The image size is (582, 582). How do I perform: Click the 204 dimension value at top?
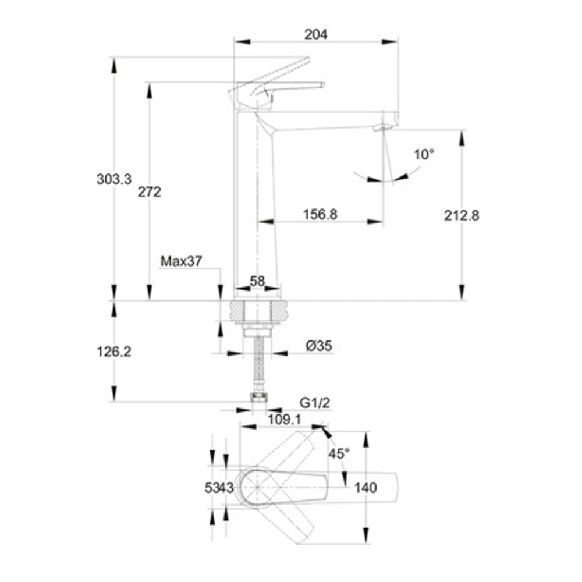point(316,34)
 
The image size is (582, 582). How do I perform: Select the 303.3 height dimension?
point(114,179)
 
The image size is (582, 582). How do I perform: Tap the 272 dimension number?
point(150,192)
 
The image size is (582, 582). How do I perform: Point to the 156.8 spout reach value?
point(320,214)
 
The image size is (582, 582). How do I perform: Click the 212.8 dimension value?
point(462,215)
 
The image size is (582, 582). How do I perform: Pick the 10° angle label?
point(424,154)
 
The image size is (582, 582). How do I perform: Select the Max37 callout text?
point(181,261)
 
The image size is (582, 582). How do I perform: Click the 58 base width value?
point(258,281)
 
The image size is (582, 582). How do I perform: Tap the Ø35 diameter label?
point(319,346)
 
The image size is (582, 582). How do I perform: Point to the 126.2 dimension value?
point(114,352)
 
